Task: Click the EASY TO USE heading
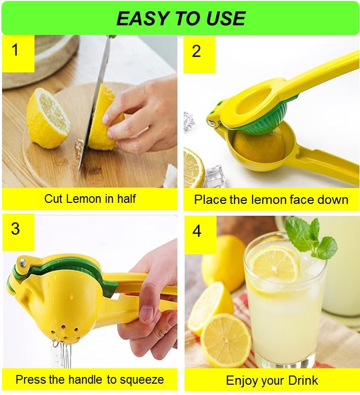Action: [181, 18]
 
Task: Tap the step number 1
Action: [15, 50]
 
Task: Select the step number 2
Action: [196, 51]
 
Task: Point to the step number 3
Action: [15, 229]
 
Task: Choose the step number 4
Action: [197, 231]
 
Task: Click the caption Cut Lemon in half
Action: [89, 199]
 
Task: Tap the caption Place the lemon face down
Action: [271, 200]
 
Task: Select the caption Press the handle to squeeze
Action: [89, 380]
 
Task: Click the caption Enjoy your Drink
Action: [272, 381]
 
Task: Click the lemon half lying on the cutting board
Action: [47, 118]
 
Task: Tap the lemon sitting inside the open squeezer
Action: [258, 146]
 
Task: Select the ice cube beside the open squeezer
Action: [214, 176]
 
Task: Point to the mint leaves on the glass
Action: [310, 236]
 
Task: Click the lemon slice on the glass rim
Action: [274, 264]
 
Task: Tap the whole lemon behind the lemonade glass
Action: [223, 262]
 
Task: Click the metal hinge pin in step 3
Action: [22, 263]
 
